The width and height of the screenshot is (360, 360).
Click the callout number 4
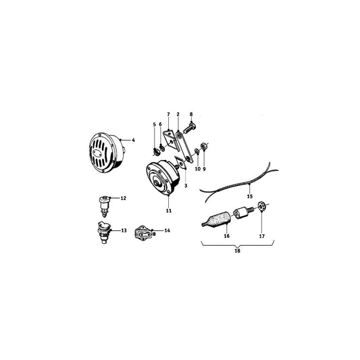(x=134, y=140)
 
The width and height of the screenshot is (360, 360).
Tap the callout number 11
(x=169, y=211)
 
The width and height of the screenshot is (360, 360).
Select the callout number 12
(x=124, y=198)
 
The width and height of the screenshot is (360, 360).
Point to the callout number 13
(x=124, y=230)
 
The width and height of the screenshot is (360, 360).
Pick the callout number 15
(x=249, y=196)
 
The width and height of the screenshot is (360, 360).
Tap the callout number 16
(x=227, y=236)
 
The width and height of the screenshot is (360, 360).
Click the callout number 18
(x=236, y=251)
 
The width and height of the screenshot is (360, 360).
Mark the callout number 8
(x=191, y=114)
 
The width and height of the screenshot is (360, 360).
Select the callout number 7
(x=168, y=114)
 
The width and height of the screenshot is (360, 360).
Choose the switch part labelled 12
(x=105, y=202)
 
